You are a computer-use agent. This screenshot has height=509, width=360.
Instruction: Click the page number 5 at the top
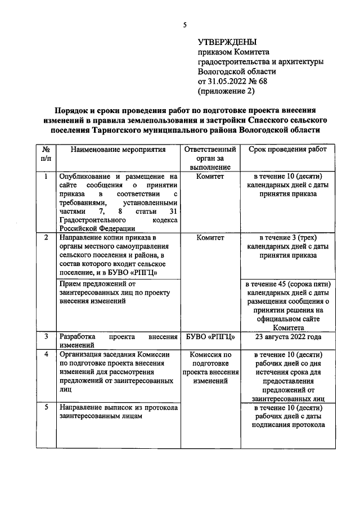[x=184, y=24]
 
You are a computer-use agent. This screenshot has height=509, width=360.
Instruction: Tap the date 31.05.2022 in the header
[x=227, y=81]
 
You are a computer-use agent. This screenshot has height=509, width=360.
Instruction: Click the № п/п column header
[x=46, y=154]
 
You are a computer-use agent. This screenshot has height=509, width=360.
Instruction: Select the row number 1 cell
[x=46, y=177]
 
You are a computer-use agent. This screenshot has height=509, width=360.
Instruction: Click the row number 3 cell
[x=46, y=337]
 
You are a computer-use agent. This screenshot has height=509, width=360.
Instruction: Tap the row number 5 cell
[x=46, y=408]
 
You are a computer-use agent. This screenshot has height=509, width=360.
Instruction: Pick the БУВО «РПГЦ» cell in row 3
[x=210, y=337]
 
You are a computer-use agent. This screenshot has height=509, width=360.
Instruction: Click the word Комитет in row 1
[x=210, y=177]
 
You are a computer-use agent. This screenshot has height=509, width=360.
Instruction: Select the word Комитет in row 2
[x=210, y=238]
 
